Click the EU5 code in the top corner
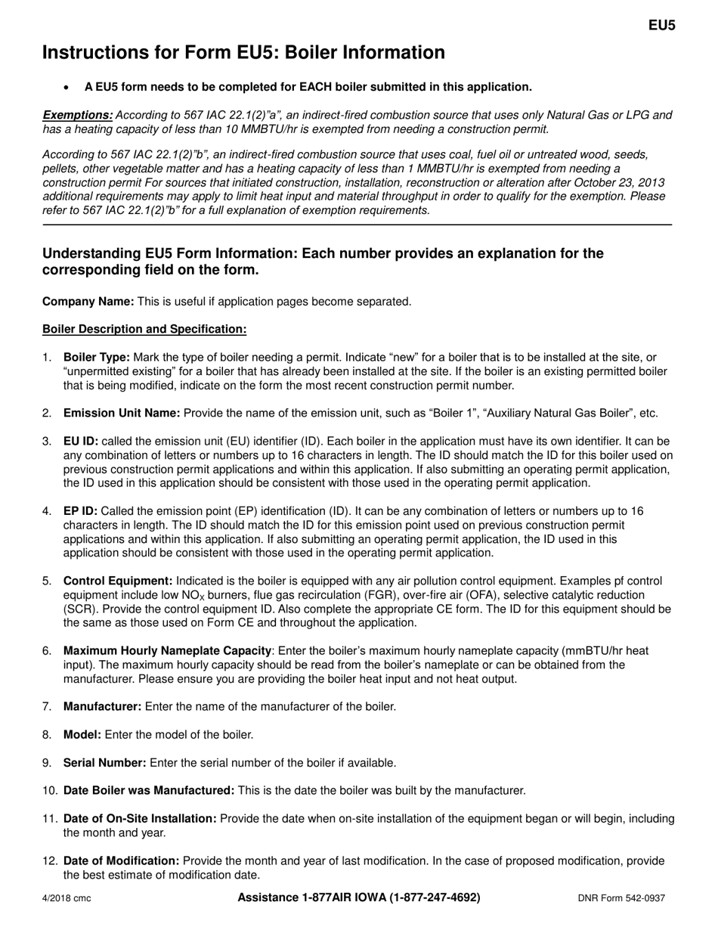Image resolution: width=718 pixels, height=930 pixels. point(661,25)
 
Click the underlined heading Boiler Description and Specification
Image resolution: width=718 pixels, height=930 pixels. point(144,329)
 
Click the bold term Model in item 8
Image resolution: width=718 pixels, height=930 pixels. point(82,734)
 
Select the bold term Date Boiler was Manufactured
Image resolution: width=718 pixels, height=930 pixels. point(149,790)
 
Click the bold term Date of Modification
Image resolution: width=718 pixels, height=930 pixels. point(121,860)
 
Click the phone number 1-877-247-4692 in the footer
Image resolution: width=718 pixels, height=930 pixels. point(435,897)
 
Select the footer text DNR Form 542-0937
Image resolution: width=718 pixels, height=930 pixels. point(621,899)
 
